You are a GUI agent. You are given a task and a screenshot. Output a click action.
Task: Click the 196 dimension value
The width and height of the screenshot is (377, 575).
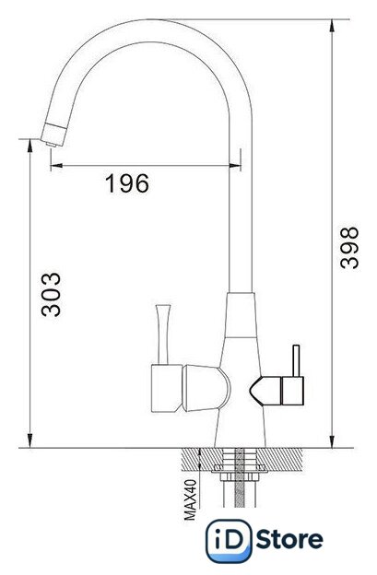pyautogui.click(x=127, y=183)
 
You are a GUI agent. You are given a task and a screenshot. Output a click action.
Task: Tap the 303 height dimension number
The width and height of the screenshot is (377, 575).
pyautogui.click(x=51, y=294)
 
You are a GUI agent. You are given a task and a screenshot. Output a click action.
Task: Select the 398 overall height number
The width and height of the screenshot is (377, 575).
pyautogui.click(x=348, y=248)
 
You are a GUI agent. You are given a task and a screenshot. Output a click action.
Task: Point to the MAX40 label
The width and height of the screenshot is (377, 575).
pyautogui.click(x=190, y=500)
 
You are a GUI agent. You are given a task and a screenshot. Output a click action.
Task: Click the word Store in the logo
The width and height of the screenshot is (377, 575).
pyautogui.click(x=289, y=540)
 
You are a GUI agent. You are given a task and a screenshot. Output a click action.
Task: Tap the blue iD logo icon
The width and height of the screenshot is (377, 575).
pyautogui.click(x=229, y=541)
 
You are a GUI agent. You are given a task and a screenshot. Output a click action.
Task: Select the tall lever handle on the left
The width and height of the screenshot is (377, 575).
pyautogui.click(x=162, y=334)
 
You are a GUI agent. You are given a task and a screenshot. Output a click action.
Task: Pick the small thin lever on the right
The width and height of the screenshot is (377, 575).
pyautogui.click(x=296, y=360)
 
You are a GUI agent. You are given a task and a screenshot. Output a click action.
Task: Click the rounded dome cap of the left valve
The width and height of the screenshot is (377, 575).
pyautogui.click(x=206, y=388)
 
